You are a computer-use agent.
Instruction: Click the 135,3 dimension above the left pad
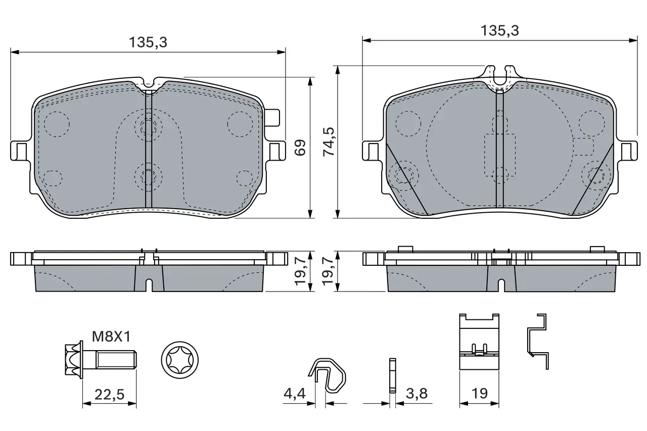click(148, 42)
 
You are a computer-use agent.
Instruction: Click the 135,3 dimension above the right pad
click(500, 31)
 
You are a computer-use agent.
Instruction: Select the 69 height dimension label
click(300, 148)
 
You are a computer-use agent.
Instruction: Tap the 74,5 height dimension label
click(329, 142)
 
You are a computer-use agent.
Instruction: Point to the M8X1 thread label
click(112, 337)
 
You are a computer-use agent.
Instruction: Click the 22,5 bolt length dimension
click(110, 394)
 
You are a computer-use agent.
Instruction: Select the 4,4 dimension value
click(295, 394)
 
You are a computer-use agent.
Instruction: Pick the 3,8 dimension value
click(417, 394)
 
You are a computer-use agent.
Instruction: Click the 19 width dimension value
click(480, 394)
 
